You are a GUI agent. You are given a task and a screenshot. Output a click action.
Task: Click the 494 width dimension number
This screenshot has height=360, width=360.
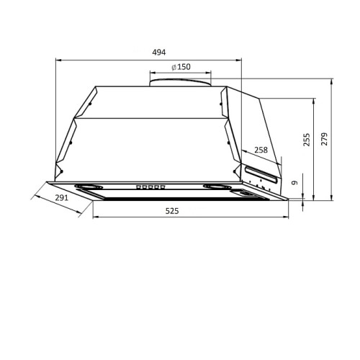[x=159, y=52]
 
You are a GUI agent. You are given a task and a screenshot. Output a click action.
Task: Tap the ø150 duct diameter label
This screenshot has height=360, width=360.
[x=181, y=67]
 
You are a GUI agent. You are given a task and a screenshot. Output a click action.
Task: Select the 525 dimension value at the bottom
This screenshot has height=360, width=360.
[x=172, y=211]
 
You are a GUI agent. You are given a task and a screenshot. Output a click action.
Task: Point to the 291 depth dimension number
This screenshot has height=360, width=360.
[x=62, y=198]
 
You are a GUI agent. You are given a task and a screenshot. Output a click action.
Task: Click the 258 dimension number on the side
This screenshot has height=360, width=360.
[x=261, y=150]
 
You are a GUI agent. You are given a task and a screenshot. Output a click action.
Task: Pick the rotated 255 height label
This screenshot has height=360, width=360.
[x=307, y=140]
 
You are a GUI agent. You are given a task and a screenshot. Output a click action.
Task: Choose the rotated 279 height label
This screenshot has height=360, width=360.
[x=324, y=139]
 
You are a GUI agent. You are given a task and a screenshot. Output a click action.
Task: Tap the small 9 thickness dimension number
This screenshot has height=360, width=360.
[x=294, y=183]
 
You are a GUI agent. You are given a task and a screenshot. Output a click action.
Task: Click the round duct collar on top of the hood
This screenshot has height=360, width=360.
[x=181, y=82]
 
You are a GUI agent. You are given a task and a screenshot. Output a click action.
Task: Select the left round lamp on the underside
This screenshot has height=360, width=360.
[x=89, y=186]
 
